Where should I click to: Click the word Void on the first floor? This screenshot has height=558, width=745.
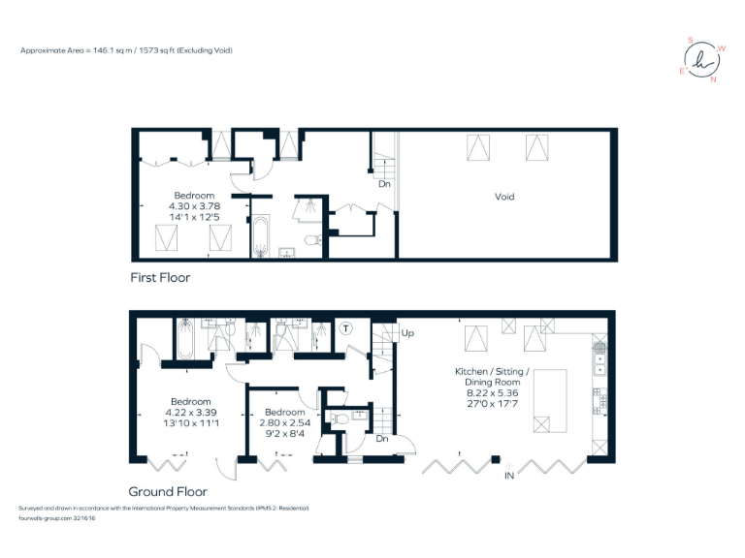tap(504, 197)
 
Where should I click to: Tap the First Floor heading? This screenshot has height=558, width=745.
tap(160, 277)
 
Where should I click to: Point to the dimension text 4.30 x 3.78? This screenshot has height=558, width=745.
tap(187, 205)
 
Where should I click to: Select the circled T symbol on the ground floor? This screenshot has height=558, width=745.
tap(347, 329)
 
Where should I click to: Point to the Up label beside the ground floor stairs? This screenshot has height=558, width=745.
tap(407, 332)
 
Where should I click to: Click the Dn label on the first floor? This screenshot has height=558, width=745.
tap(384, 183)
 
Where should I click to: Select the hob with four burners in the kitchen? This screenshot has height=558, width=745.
tap(599, 397)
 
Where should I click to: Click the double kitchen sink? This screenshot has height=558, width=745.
tap(599, 364)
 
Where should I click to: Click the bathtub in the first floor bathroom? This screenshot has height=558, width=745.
tap(260, 237)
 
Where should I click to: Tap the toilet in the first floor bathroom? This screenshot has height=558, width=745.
tap(311, 240)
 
